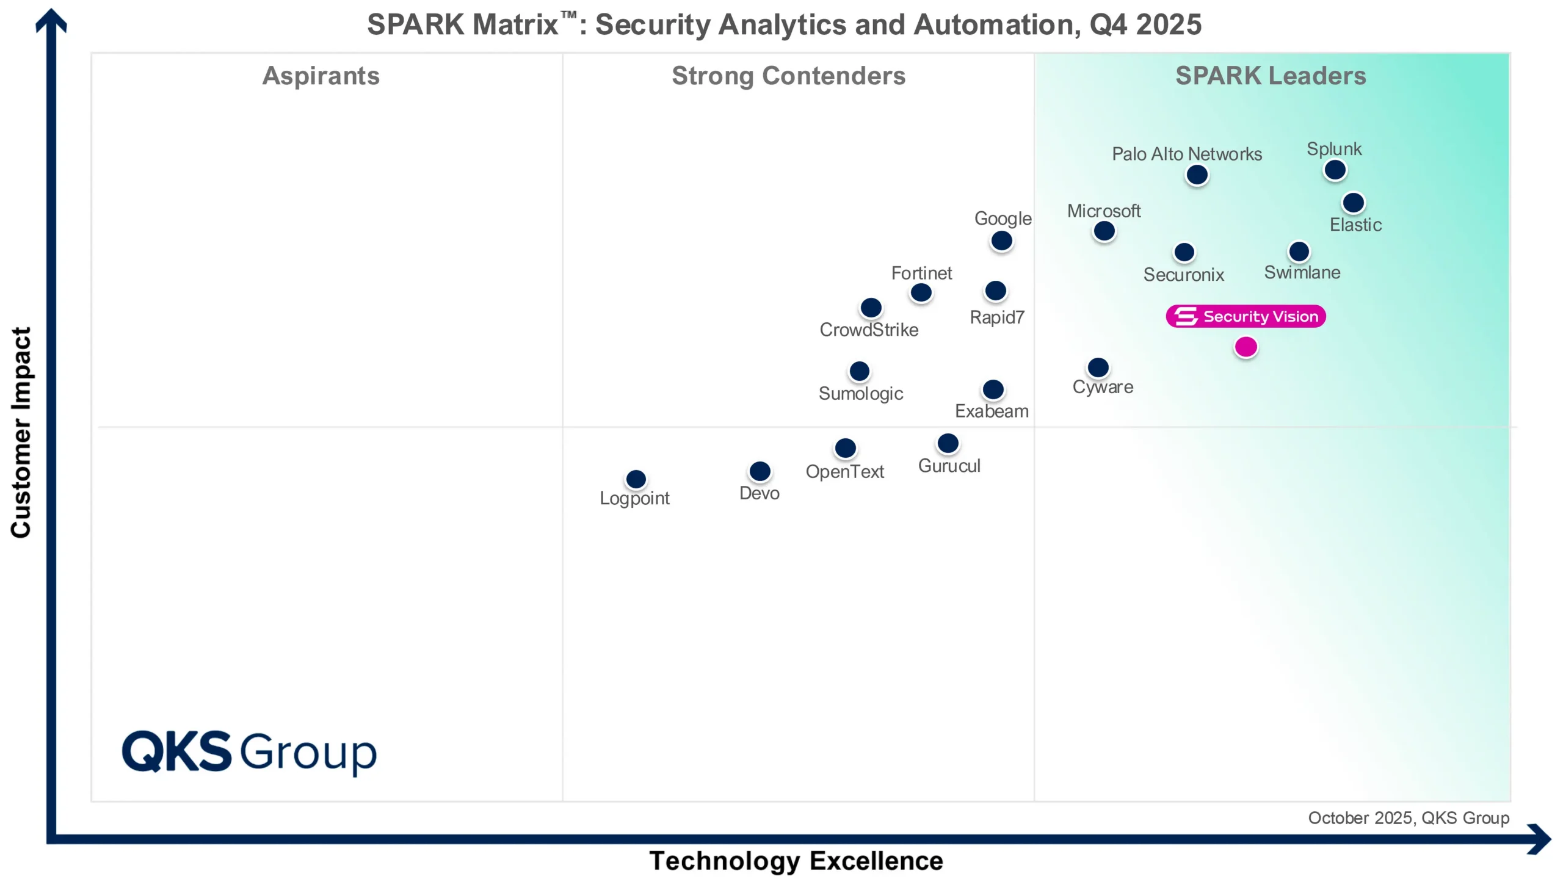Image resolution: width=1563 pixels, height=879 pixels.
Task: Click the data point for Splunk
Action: [x=1335, y=170]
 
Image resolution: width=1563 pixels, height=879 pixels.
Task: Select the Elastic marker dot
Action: [x=1353, y=203]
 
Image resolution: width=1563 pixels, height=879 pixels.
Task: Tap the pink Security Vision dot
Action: [x=1246, y=347]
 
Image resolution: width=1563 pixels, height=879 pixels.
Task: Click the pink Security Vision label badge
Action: [x=1246, y=316]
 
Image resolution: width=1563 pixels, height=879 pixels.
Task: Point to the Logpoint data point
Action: [x=636, y=479]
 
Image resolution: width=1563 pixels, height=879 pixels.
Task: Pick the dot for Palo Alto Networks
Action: [x=1197, y=175]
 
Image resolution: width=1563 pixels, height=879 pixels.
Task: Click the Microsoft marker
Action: [x=1104, y=231]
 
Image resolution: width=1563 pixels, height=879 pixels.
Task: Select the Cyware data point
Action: [x=1098, y=367]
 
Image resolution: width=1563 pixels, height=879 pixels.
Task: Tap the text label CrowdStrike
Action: [x=868, y=330]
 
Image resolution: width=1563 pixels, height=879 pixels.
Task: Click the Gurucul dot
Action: [x=948, y=444]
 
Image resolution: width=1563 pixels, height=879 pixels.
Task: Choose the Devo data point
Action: [x=760, y=471]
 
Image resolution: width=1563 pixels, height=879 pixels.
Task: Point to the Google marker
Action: [x=1001, y=241]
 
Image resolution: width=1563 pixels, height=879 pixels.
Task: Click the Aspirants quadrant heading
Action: [x=321, y=76]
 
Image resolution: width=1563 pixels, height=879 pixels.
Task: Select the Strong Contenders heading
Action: [x=788, y=76]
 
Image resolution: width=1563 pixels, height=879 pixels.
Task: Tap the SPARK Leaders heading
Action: [x=1270, y=76]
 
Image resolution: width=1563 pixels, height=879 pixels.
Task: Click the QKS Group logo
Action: [x=249, y=751]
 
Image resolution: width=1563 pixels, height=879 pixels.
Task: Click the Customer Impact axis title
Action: [x=21, y=432]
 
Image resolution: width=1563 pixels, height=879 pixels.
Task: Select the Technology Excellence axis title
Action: [x=796, y=861]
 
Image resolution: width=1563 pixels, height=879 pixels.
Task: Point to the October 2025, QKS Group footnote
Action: [x=1408, y=818]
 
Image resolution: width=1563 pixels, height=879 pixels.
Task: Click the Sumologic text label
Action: [x=860, y=394]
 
